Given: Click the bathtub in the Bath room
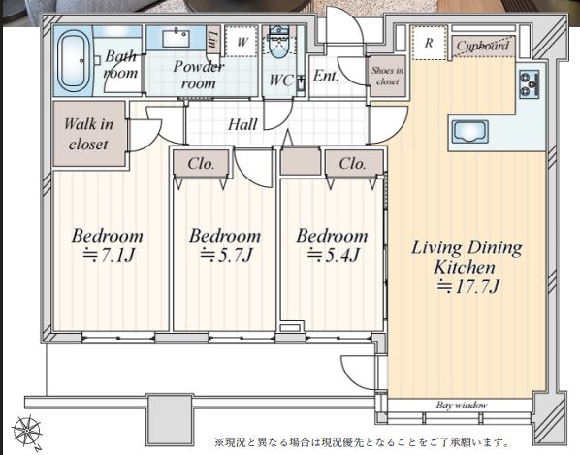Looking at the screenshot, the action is click(74, 61).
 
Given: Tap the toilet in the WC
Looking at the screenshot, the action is click(280, 42).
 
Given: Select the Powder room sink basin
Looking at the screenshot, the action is click(177, 39).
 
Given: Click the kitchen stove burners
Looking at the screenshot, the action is click(530, 84).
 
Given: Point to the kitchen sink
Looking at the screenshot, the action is click(470, 132).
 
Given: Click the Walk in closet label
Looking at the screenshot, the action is click(88, 134).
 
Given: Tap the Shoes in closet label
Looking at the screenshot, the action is click(387, 76).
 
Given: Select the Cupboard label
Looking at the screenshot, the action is click(483, 46).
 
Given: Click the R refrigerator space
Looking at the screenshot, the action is click(429, 43).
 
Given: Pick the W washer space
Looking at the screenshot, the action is click(242, 42).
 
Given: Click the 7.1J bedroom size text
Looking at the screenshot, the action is click(109, 255).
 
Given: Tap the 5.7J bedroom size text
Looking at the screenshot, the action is click(226, 255).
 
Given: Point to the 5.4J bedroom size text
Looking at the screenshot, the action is click(334, 255).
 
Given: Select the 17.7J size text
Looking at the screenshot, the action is click(468, 286).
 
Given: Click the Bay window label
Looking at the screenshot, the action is click(462, 406).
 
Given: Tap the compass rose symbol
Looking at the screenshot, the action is click(27, 432).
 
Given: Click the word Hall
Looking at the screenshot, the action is click(242, 124).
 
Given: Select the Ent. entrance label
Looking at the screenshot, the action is click(326, 76).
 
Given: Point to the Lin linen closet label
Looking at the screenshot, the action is click(212, 40).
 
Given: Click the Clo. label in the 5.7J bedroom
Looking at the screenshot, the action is click(201, 164).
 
